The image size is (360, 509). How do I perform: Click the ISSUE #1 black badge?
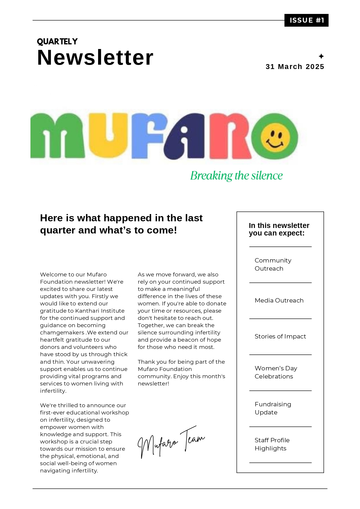(306, 20)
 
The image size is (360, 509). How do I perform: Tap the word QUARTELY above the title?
(57, 42)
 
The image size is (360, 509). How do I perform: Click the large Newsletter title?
(95, 58)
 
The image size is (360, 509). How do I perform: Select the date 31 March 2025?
(295, 67)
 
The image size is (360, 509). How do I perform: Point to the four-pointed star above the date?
(321, 56)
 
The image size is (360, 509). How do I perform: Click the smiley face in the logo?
(275, 137)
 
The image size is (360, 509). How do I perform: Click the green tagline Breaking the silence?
(236, 176)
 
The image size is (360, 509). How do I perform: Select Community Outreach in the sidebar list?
(273, 265)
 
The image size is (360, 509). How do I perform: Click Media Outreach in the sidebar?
(279, 300)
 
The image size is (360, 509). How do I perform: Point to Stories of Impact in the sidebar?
(280, 336)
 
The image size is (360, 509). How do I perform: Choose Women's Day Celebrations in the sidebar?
(276, 372)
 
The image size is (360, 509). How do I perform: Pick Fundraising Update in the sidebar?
(273, 408)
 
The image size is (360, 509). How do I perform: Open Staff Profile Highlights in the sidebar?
(272, 444)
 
